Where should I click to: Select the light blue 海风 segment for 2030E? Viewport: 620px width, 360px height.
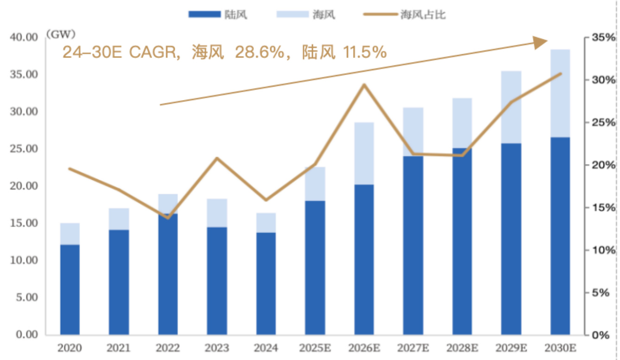[560, 93]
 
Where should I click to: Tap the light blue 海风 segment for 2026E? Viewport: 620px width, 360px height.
[364, 153]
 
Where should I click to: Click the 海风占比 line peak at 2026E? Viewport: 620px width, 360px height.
[364, 85]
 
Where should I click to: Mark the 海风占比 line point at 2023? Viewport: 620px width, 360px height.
[217, 158]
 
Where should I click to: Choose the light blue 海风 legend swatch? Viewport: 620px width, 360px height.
[292, 14]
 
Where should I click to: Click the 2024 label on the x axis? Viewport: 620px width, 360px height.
[266, 347]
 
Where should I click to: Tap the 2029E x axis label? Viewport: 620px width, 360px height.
[511, 347]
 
